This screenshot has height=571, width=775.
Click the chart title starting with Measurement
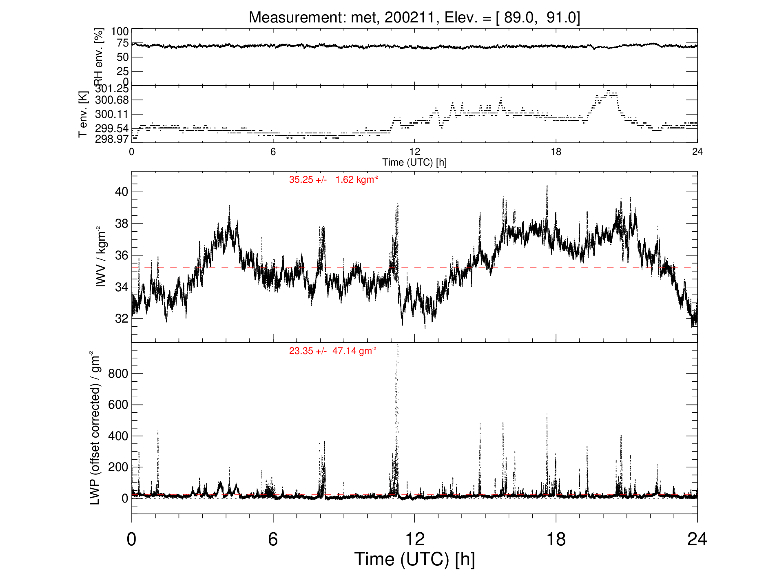pyautogui.click(x=414, y=18)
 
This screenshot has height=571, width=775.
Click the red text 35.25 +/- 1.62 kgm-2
pyautogui.click(x=334, y=179)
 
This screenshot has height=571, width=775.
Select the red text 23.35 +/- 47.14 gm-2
pyautogui.click(x=333, y=351)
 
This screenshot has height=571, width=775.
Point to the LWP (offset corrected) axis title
pyautogui.click(x=95, y=428)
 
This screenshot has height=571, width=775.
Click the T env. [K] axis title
pyautogui.click(x=83, y=114)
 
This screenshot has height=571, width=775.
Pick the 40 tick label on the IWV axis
pyautogui.click(x=122, y=192)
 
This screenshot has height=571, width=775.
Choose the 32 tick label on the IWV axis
pyautogui.click(x=122, y=319)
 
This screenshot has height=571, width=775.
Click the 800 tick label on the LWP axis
pyautogui.click(x=118, y=374)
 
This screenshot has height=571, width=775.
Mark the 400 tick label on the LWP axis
pyautogui.click(x=118, y=436)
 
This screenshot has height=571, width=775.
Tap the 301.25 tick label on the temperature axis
pyautogui.click(x=112, y=89)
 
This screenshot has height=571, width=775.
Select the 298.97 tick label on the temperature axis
pyautogui.click(x=112, y=139)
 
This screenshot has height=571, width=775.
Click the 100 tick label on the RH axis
pyautogui.click(x=120, y=32)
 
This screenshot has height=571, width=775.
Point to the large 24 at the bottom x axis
pyautogui.click(x=697, y=540)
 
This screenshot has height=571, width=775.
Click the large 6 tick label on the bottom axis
pyautogui.click(x=273, y=540)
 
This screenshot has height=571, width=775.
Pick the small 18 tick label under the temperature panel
pyautogui.click(x=556, y=152)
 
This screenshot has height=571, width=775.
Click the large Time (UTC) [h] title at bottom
pyautogui.click(x=414, y=559)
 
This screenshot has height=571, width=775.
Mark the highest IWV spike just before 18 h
pyautogui.click(x=547, y=186)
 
